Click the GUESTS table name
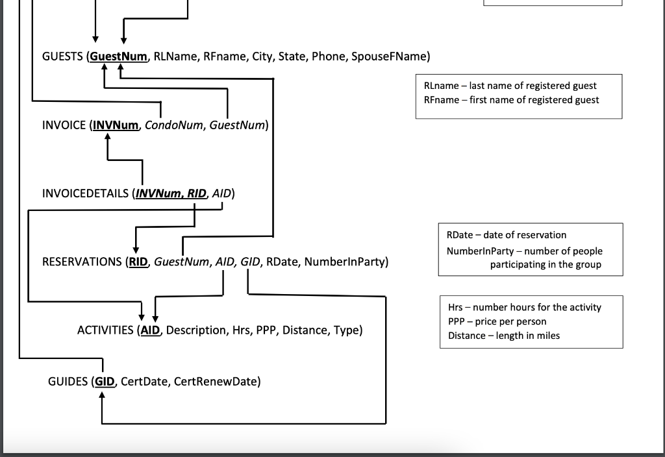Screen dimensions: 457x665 (x=62, y=56)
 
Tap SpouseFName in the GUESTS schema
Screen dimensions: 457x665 (x=389, y=56)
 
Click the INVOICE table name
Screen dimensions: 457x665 (x=64, y=125)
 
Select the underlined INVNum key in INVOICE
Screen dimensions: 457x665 (x=116, y=125)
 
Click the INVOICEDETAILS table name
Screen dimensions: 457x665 (x=85, y=193)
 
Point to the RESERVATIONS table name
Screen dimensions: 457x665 (x=81, y=262)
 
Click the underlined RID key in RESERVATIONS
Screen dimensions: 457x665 (x=139, y=262)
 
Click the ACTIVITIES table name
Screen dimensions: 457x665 (x=106, y=330)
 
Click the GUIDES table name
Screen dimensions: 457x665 (x=68, y=381)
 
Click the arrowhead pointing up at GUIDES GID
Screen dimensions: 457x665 (x=102, y=396)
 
